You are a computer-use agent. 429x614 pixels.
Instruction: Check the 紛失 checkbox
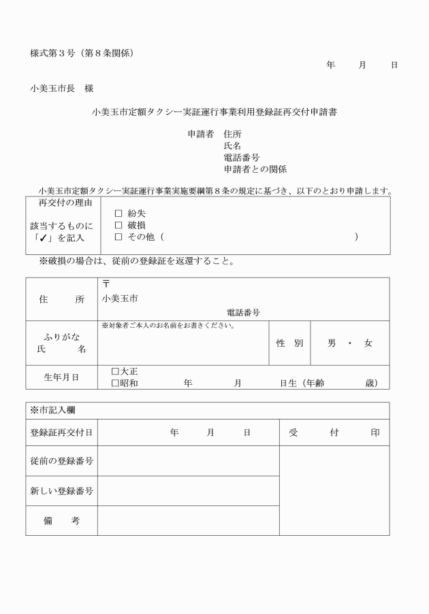(x=118, y=214)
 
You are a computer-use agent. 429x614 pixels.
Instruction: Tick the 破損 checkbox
(x=118, y=225)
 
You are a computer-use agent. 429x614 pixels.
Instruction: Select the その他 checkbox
(x=118, y=237)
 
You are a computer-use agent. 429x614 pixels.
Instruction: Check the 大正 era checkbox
(x=115, y=372)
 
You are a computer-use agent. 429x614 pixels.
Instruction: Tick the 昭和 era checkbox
(x=115, y=383)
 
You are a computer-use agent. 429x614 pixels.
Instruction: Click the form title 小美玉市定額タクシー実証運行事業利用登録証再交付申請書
(x=214, y=112)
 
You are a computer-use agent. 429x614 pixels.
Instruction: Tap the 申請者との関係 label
(x=255, y=169)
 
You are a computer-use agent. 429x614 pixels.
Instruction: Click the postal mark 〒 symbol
(x=106, y=284)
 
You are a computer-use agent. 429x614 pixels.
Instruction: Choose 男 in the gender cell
(x=332, y=343)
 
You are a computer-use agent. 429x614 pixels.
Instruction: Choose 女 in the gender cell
(x=368, y=343)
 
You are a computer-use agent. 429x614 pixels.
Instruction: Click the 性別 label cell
(x=289, y=343)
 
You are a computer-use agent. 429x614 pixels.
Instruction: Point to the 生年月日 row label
(x=61, y=377)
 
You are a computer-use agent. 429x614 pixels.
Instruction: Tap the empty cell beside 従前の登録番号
(x=188, y=461)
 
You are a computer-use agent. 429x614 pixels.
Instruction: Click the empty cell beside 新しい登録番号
(x=188, y=491)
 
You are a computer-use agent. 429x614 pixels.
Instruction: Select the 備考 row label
(x=61, y=520)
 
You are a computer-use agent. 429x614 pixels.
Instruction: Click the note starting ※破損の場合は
(x=136, y=261)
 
